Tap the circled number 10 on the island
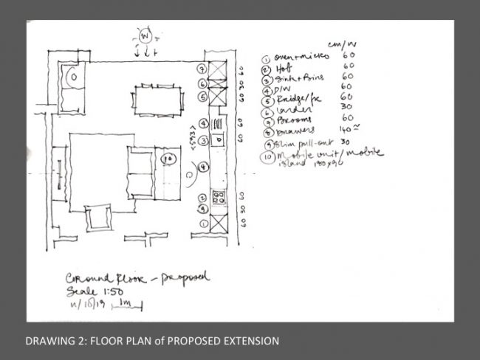point(168,158)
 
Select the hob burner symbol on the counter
point(219,197)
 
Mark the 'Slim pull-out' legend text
point(303,142)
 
